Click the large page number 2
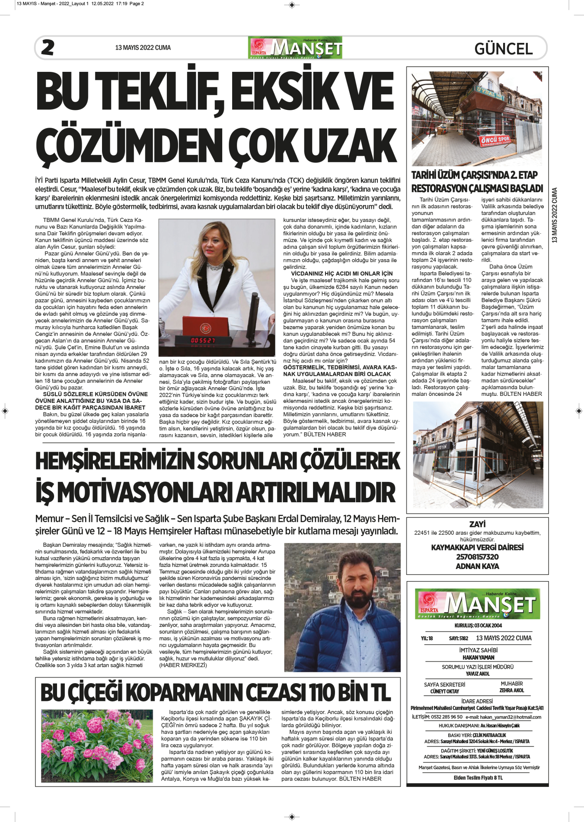(48, 47)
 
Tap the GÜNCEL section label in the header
(503, 49)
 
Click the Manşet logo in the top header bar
(295, 48)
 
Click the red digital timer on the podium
(203, 340)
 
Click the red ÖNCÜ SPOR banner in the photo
(495, 140)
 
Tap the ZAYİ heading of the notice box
(477, 524)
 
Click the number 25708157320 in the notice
(477, 557)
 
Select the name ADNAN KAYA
(477, 566)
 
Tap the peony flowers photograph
(97, 745)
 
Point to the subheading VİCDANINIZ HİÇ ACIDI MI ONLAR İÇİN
(341, 273)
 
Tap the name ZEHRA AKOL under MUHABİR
(511, 690)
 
